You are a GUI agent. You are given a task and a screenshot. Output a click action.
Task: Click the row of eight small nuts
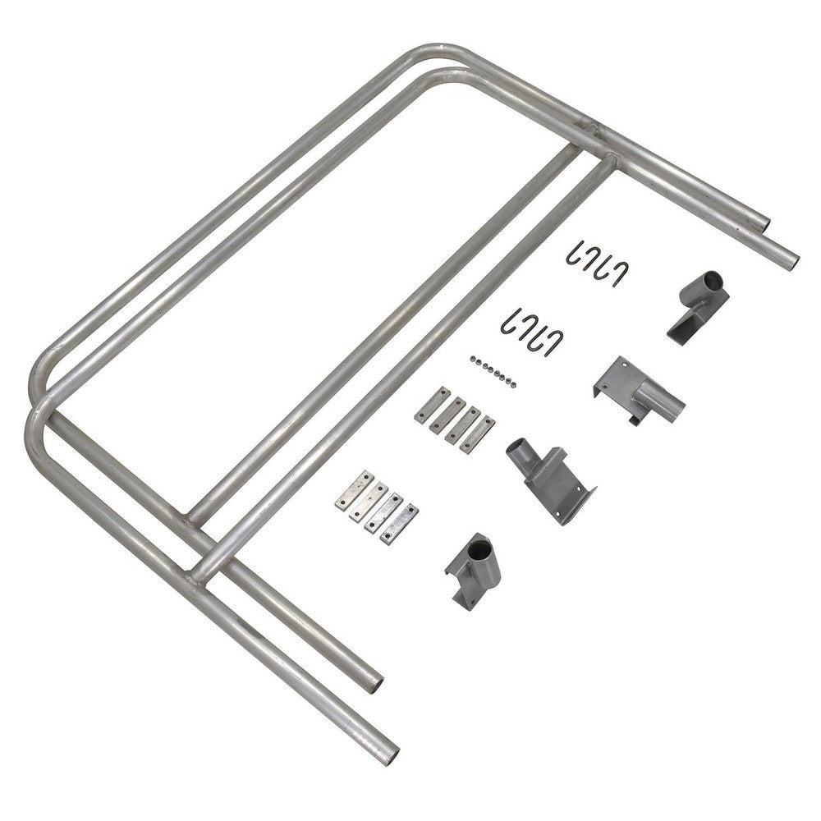coord(493,371)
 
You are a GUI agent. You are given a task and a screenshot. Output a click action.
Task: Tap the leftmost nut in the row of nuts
coord(474,358)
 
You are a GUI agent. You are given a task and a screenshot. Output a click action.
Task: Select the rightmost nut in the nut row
coord(514,384)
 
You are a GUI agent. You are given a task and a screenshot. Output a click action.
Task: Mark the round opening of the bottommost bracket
coord(485,544)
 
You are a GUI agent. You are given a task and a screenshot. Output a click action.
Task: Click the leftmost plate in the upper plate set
coord(432,404)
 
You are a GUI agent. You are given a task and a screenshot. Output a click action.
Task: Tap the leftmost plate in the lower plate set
coord(354,489)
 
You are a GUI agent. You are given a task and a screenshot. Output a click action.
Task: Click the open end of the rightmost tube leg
coord(790,262)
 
